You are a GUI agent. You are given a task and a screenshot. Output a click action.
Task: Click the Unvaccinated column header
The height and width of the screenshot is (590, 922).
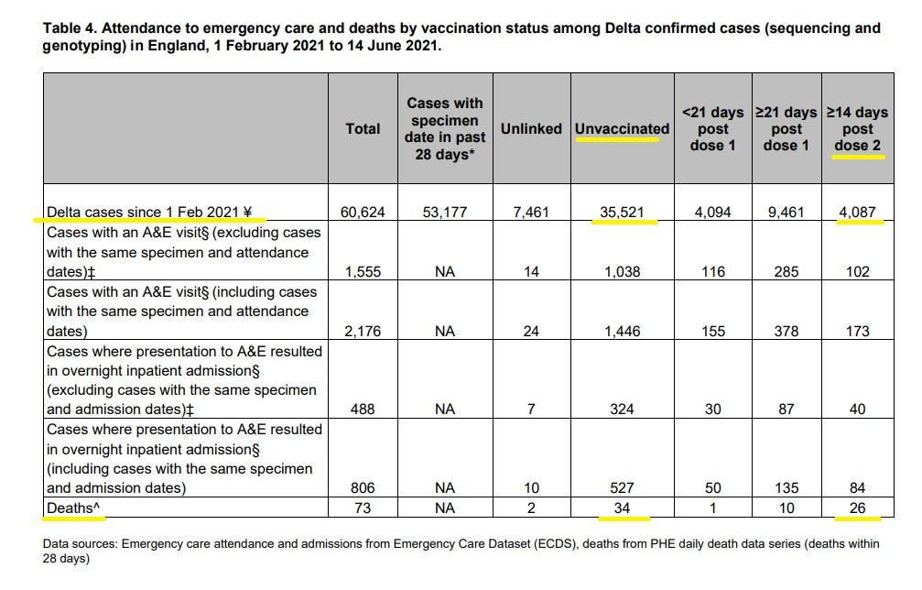[622, 129]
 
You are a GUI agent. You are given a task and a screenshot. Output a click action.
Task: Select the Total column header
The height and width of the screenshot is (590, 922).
[363, 129]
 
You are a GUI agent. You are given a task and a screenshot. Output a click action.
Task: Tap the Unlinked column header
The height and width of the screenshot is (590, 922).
[531, 129]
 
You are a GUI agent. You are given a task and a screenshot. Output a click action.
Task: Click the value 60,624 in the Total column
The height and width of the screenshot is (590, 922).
[363, 212]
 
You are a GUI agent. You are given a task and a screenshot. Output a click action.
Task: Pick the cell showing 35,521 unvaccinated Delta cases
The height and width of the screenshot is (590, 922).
[622, 212]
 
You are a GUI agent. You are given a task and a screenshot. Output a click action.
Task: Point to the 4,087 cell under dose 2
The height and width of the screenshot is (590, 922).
[857, 212]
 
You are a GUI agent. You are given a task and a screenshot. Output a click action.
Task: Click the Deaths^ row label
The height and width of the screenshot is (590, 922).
[73, 508]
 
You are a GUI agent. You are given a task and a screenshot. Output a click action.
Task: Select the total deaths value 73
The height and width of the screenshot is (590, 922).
[363, 508]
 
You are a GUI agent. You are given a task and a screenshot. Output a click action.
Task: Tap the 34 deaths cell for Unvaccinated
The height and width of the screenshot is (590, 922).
[622, 508]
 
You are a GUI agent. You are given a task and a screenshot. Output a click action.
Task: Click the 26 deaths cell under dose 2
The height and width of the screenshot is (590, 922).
[857, 508]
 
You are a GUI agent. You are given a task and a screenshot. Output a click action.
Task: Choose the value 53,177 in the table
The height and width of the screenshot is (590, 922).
[445, 212]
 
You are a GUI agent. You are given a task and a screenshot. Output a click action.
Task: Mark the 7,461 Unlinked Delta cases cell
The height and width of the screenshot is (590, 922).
[531, 212]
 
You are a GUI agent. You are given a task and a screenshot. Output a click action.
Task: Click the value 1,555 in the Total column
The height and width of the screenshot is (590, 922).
[363, 272]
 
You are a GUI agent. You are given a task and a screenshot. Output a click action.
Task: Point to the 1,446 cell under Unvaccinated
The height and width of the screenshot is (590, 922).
[622, 331]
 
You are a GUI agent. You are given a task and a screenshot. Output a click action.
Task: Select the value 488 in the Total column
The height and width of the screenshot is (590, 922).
[363, 409]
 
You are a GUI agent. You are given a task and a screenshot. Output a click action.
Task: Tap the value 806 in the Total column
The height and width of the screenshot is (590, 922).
[363, 487]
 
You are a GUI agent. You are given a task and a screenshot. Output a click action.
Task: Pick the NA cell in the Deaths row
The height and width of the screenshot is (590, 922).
[445, 508]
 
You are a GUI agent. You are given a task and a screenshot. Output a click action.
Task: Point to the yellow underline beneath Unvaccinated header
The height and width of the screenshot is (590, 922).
[617, 140]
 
